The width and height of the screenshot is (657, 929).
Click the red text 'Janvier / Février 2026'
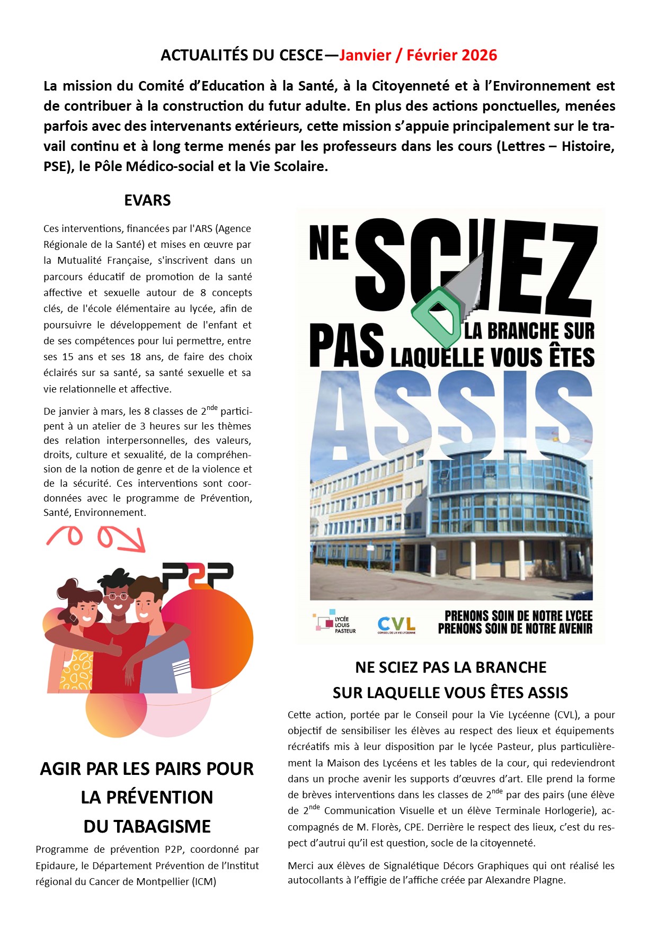coord(418,55)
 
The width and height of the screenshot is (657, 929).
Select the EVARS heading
coord(147,200)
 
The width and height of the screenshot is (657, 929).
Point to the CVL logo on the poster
coord(396,625)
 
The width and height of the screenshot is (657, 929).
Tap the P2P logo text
coord(197,575)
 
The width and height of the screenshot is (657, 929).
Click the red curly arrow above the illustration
coord(95,537)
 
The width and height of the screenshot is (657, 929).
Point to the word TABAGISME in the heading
coord(147,826)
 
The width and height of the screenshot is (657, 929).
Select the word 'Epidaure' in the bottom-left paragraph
coord(56,865)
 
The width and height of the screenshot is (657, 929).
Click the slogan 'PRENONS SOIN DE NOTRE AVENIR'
coord(515,629)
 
